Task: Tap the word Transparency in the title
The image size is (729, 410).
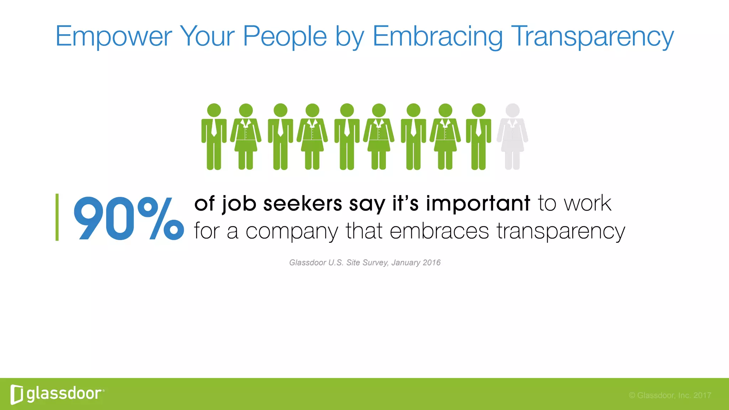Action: pyautogui.click(x=592, y=36)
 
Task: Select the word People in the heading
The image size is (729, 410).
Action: pyautogui.click(x=285, y=36)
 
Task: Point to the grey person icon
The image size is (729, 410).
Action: pyautogui.click(x=513, y=137)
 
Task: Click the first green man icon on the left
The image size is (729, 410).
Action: pyautogui.click(x=214, y=137)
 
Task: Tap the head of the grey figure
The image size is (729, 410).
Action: pyautogui.click(x=513, y=110)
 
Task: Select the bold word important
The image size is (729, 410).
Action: pyautogui.click(x=478, y=204)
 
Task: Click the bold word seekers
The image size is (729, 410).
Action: pyautogui.click(x=303, y=204)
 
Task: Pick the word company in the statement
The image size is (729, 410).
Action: pyautogui.click(x=292, y=231)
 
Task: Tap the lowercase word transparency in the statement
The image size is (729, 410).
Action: pyautogui.click(x=561, y=231)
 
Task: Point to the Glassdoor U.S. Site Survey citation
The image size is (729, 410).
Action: pyautogui.click(x=364, y=263)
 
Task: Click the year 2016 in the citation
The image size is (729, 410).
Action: pyautogui.click(x=431, y=263)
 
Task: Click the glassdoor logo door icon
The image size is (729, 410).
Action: pyautogui.click(x=17, y=394)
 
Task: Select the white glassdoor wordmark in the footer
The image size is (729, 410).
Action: pyautogui.click(x=64, y=394)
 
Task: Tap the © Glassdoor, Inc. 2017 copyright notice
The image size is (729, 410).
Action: pyautogui.click(x=670, y=395)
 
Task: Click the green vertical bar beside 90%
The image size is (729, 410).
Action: pyautogui.click(x=57, y=217)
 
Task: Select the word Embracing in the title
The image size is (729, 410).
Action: pyautogui.click(x=437, y=36)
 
